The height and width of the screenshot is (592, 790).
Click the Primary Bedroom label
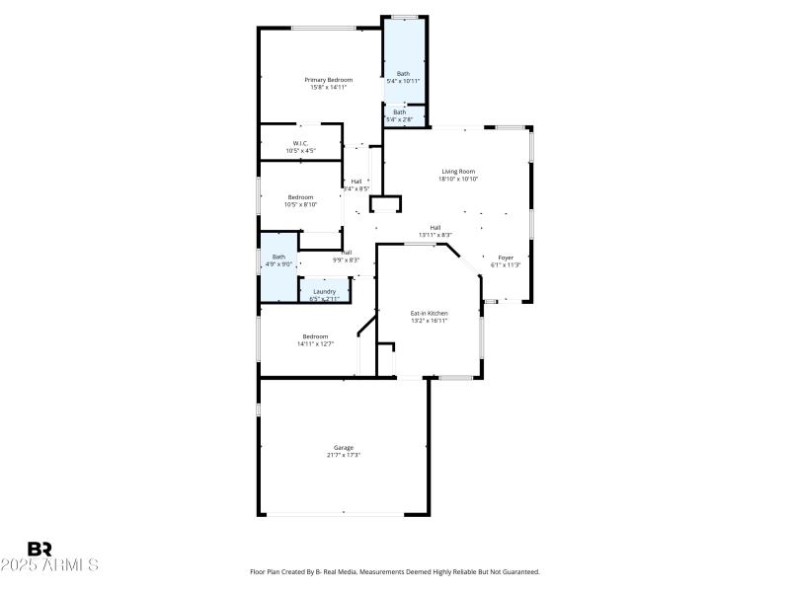pyautogui.click(x=328, y=79)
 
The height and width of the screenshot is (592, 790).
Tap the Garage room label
pyautogui.click(x=344, y=447)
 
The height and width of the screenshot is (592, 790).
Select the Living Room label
pyautogui.click(x=458, y=171)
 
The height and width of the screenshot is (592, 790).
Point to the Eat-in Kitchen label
pyautogui.click(x=430, y=313)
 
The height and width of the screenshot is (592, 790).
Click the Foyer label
pyautogui.click(x=506, y=257)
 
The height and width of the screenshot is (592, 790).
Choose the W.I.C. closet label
pyautogui.click(x=300, y=143)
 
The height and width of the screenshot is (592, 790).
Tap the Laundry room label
pyautogui.click(x=325, y=291)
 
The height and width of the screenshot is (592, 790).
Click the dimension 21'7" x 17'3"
pyautogui.click(x=344, y=455)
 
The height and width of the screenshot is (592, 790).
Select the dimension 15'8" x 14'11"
pyautogui.click(x=328, y=87)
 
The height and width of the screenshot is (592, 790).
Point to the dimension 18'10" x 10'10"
pyautogui.click(x=458, y=179)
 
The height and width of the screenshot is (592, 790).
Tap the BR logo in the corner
pyautogui.click(x=39, y=549)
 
